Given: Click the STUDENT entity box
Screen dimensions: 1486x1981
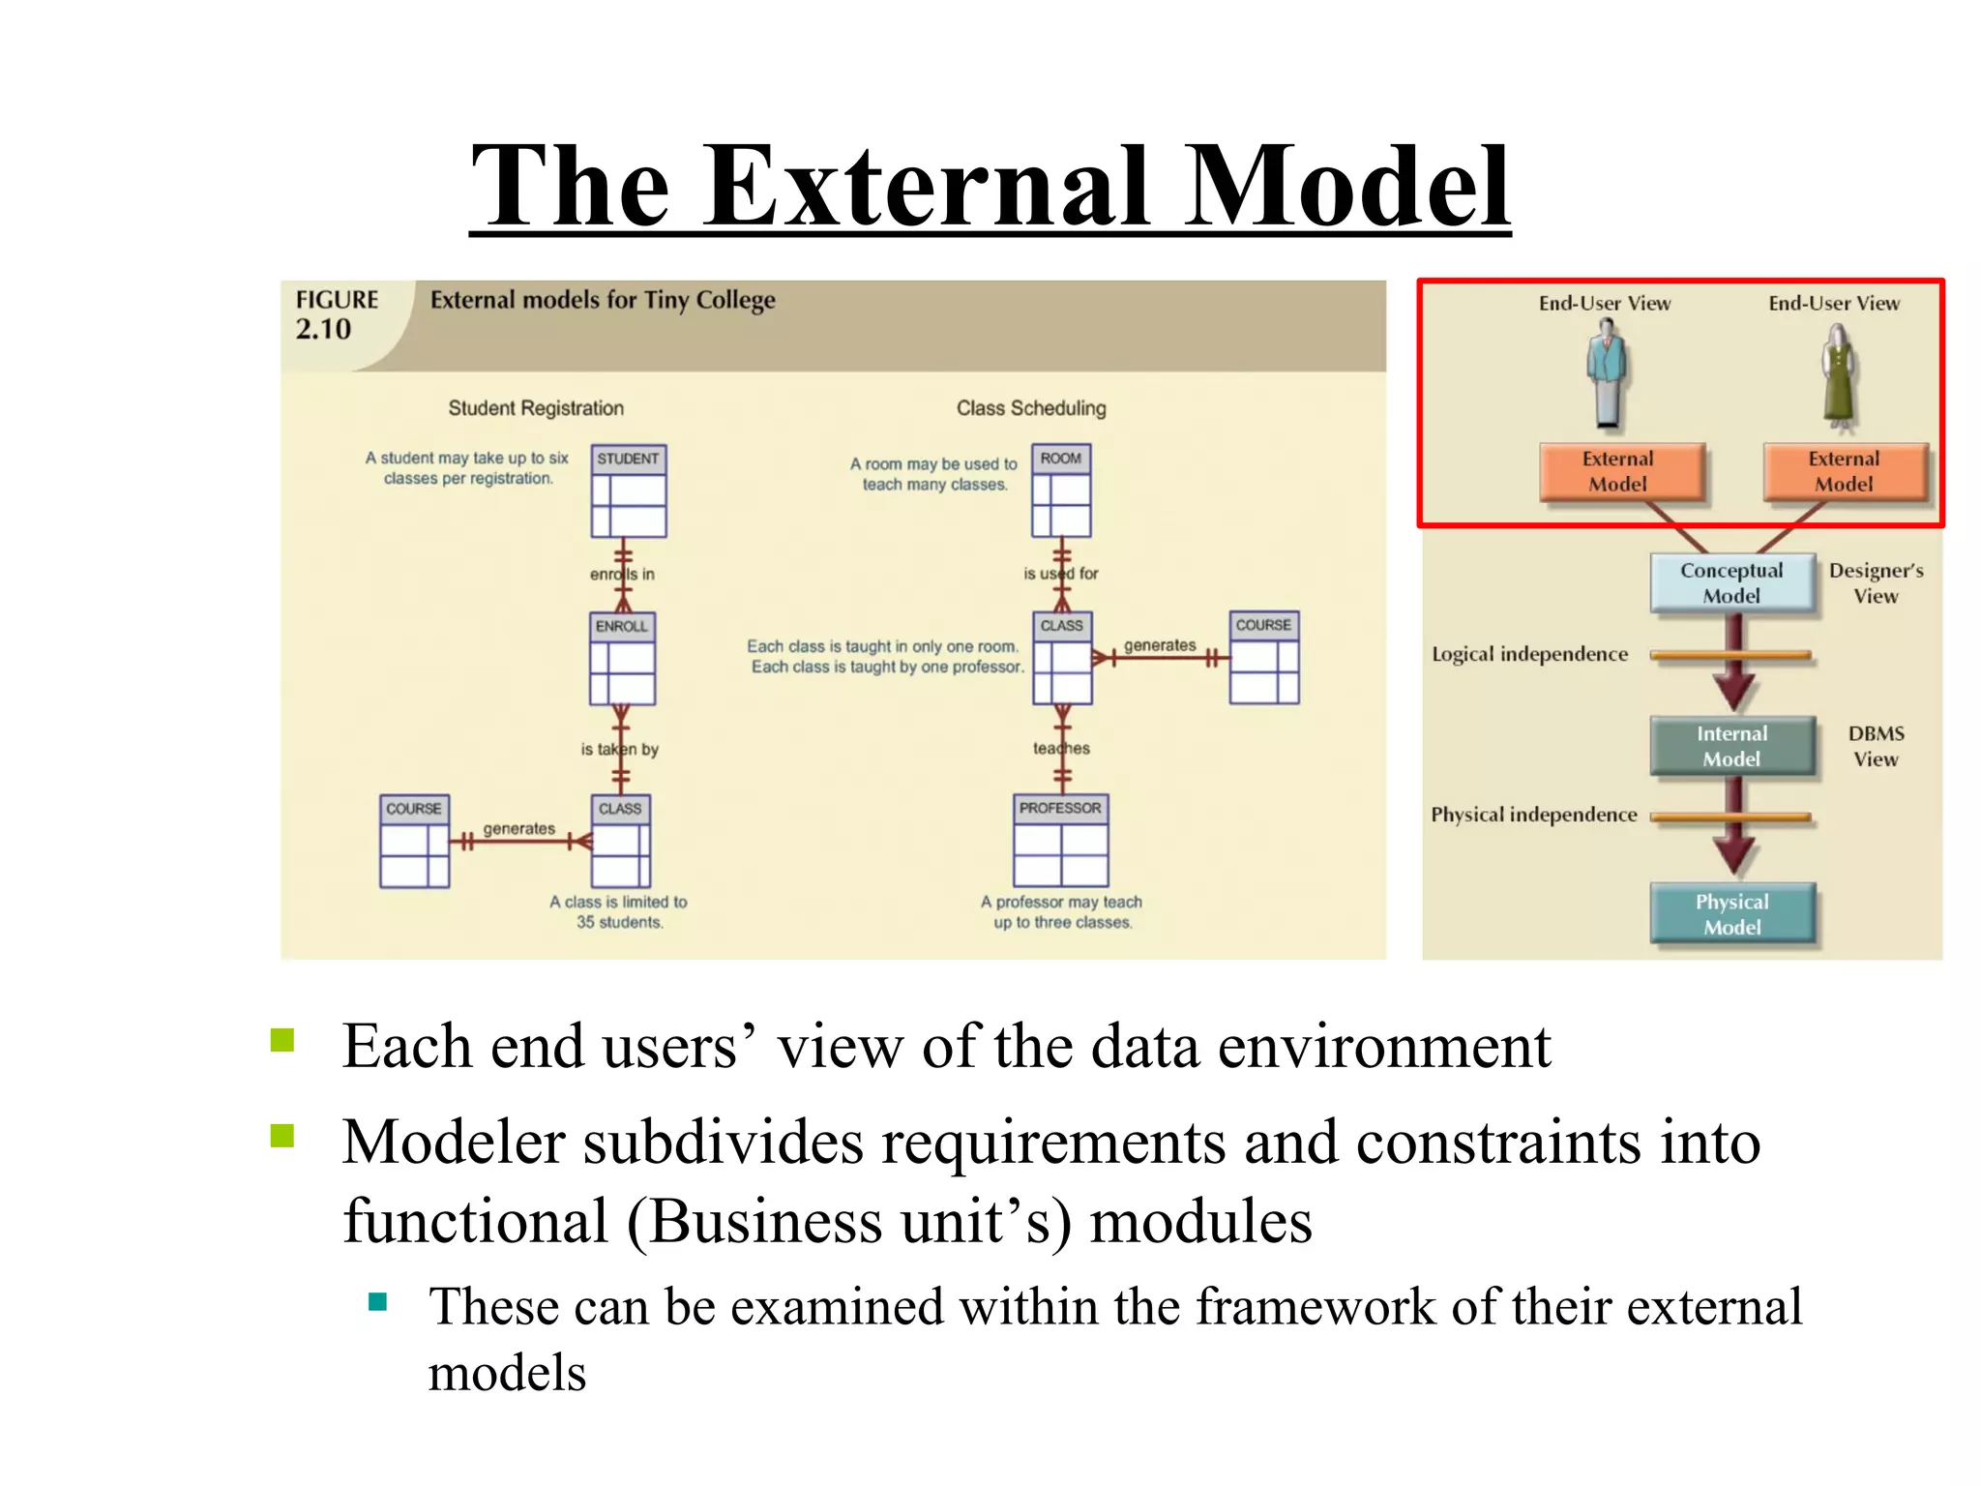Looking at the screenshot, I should click(629, 490).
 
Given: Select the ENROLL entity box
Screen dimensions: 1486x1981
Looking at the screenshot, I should click(622, 659).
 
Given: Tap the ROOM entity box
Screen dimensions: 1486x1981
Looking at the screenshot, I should click(1061, 490).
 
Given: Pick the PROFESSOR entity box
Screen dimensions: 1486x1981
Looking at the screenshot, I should click(1060, 840).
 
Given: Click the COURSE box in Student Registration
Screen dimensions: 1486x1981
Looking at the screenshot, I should click(414, 841).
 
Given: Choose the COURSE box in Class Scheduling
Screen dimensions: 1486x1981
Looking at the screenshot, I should click(1263, 657).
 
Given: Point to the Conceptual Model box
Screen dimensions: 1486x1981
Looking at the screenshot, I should click(1731, 583).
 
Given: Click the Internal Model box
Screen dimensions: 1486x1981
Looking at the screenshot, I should click(1731, 746).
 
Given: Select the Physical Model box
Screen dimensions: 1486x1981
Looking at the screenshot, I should click(1731, 913).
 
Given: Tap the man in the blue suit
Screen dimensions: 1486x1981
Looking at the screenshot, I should click(1607, 375).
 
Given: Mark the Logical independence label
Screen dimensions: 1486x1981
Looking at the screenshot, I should click(1529, 655).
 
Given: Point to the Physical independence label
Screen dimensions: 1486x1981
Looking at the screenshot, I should click(1533, 815).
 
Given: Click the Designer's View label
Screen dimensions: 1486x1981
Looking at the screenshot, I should click(1875, 583).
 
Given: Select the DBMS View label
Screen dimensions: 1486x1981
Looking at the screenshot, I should click(1875, 746).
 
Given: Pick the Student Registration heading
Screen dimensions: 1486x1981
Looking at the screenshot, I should click(536, 408).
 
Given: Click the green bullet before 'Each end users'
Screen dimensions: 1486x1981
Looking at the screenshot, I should click(282, 1040).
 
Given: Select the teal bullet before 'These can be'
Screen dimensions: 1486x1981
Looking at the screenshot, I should click(378, 1302).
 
